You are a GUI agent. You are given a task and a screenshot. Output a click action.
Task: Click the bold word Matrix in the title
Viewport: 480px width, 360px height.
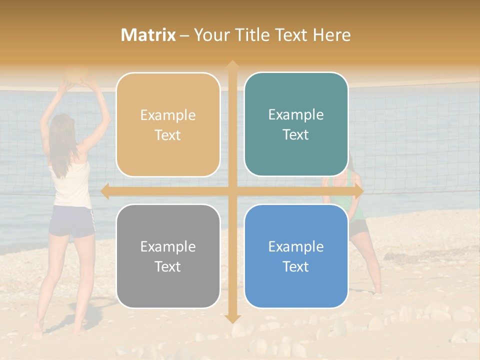(148, 35)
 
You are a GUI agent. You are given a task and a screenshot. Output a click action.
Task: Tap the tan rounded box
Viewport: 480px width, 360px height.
(168, 125)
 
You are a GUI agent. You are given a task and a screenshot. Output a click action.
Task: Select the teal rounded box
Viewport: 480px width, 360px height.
(296, 124)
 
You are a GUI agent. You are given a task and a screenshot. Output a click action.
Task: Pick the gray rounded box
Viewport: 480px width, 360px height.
(168, 256)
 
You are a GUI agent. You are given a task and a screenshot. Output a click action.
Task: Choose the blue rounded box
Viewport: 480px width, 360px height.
(296, 256)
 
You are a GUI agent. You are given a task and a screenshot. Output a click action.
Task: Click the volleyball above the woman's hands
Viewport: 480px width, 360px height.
(78, 74)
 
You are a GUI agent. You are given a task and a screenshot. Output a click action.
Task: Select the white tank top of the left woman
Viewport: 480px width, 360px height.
(71, 182)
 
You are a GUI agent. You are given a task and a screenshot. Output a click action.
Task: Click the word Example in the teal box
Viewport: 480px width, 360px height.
(296, 115)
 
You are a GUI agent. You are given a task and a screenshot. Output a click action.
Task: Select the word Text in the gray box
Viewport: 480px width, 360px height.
(168, 266)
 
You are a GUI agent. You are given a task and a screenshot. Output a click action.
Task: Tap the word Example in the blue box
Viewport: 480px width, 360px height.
(296, 246)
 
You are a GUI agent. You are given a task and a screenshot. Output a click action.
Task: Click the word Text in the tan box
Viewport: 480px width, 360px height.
(168, 135)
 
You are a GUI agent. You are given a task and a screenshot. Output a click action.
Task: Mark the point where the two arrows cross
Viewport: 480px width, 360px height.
(232, 191)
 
